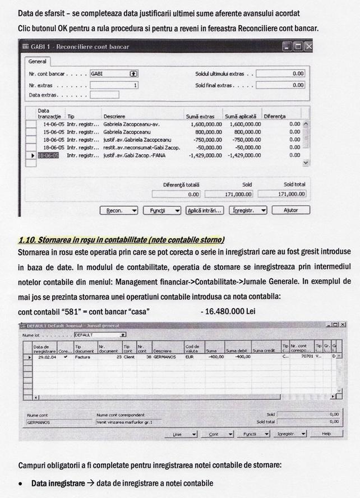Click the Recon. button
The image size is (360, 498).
[x=118, y=210]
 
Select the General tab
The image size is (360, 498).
[x=38, y=61]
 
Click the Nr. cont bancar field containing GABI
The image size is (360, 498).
[x=113, y=73]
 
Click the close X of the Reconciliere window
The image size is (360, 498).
[x=307, y=47]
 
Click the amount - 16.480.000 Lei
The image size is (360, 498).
[x=227, y=311]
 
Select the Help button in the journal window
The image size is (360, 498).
[x=326, y=434]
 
